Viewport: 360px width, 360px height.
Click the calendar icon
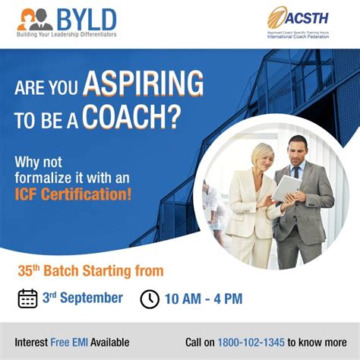pyautogui.click(x=28, y=298)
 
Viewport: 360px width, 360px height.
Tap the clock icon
pyautogui.click(x=150, y=298)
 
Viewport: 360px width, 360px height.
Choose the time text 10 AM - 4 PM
pyautogui.click(x=204, y=298)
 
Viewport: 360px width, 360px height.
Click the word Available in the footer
pyautogui.click(x=111, y=342)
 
